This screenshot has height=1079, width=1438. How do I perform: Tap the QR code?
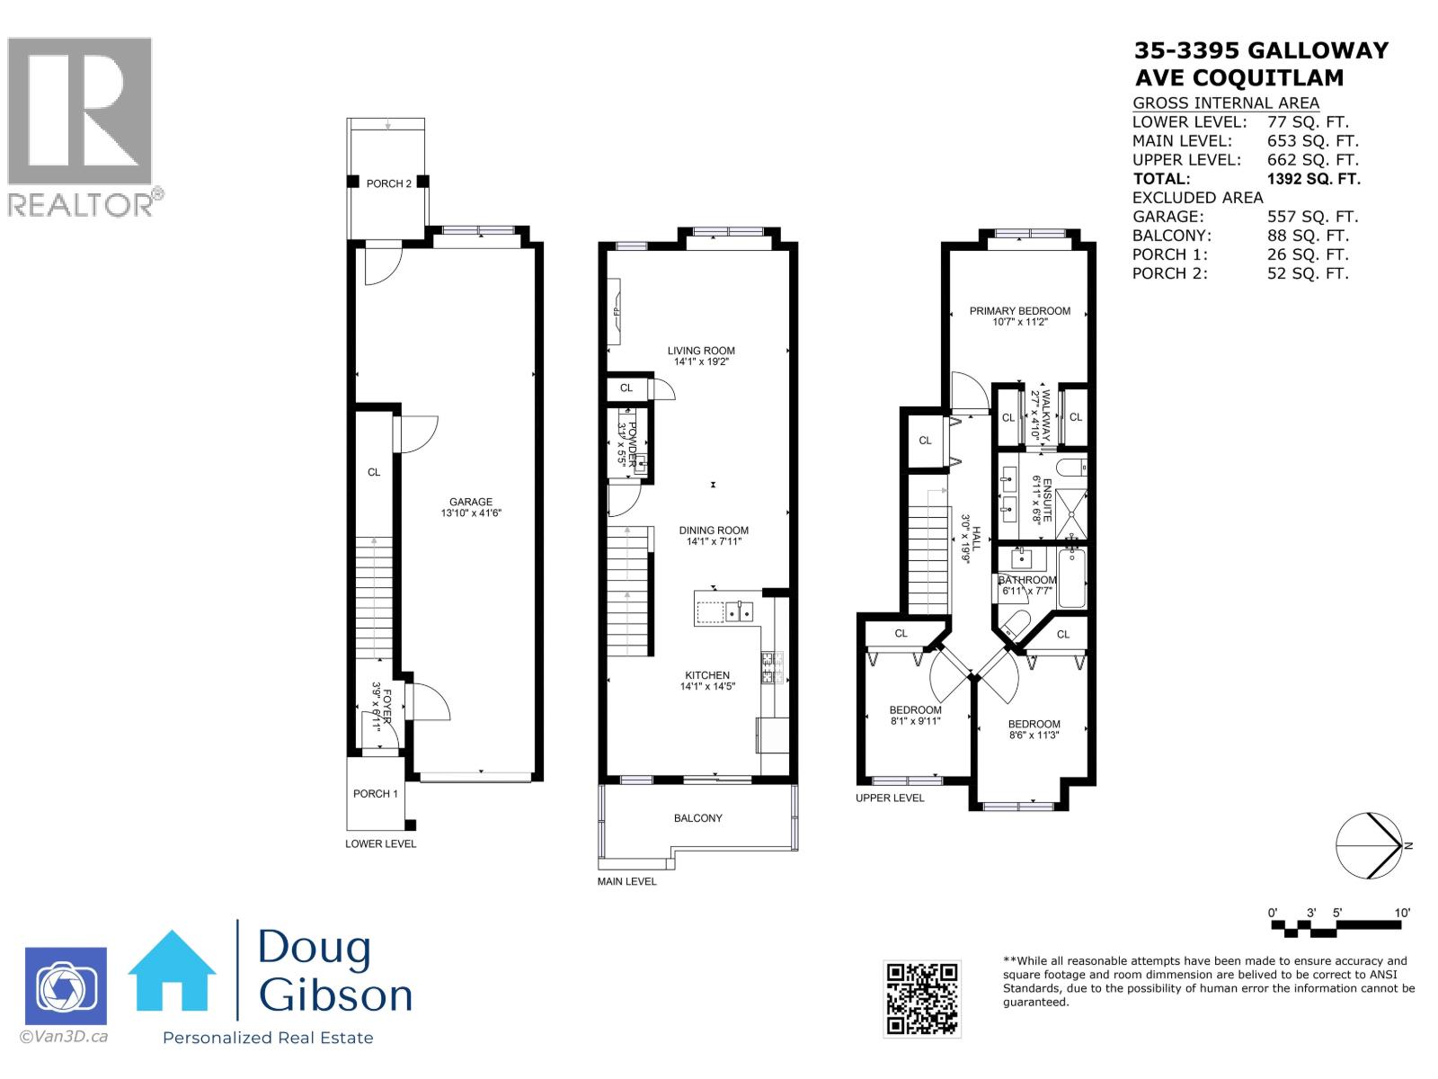[922, 998]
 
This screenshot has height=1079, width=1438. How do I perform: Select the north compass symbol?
[1369, 846]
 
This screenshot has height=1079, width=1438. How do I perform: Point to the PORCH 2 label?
[388, 183]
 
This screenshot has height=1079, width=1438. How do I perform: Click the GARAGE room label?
[471, 503]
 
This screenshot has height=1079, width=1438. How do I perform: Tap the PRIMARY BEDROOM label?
[1019, 311]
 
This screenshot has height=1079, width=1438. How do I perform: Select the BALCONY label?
[697, 818]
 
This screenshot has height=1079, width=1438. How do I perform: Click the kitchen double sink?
[741, 612]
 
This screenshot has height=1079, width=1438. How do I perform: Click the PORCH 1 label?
[375, 794]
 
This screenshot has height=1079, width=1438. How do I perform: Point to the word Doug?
[315, 950]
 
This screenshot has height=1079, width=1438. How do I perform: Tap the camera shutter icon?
[66, 987]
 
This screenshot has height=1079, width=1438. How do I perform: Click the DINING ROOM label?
[714, 531]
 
